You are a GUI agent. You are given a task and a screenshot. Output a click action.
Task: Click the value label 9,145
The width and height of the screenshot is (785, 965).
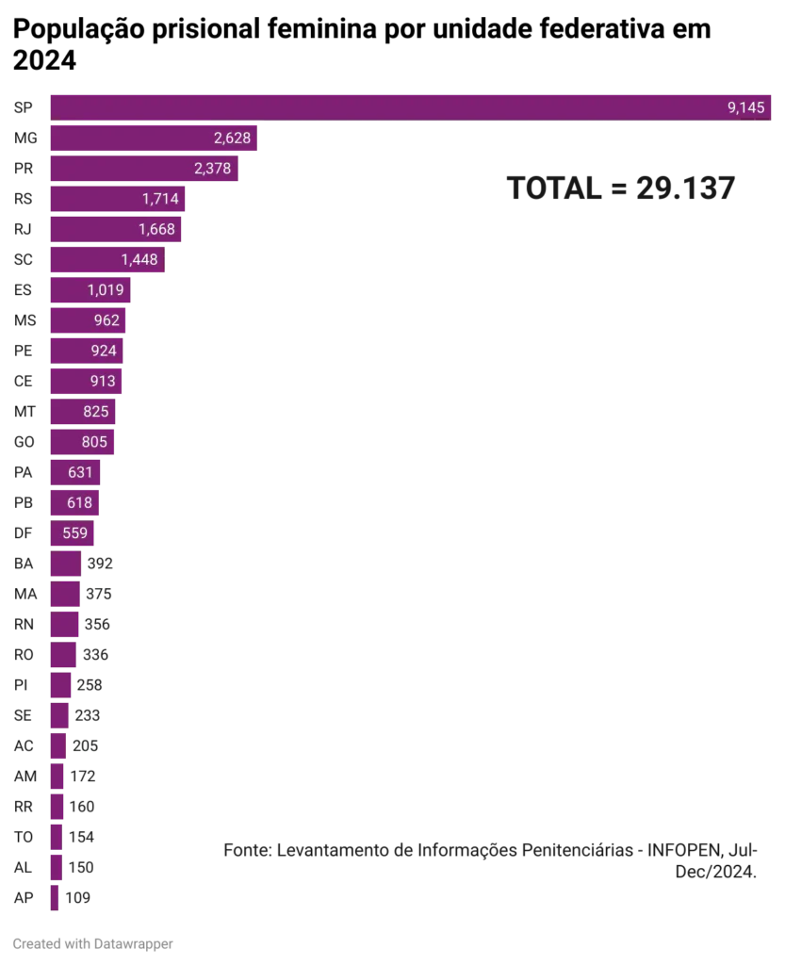point(745,107)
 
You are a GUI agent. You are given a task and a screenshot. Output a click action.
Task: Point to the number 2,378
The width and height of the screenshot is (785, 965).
point(212,169)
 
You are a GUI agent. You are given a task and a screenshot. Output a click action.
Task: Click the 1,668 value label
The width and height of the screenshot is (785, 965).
point(156,229)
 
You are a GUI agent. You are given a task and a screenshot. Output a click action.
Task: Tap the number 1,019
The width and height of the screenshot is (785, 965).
point(106,290)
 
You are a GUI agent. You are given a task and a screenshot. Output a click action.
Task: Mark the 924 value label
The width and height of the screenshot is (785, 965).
point(104,351)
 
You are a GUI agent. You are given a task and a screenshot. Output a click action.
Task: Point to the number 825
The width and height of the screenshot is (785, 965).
point(95,412)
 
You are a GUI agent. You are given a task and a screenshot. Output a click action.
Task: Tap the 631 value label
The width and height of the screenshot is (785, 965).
point(80,472)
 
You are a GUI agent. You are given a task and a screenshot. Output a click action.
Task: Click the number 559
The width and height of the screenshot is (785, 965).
point(74,533)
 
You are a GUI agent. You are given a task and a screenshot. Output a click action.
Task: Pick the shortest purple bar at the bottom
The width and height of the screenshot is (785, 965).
point(54,897)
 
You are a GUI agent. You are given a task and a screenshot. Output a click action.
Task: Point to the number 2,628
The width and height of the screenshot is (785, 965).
point(232,139)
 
